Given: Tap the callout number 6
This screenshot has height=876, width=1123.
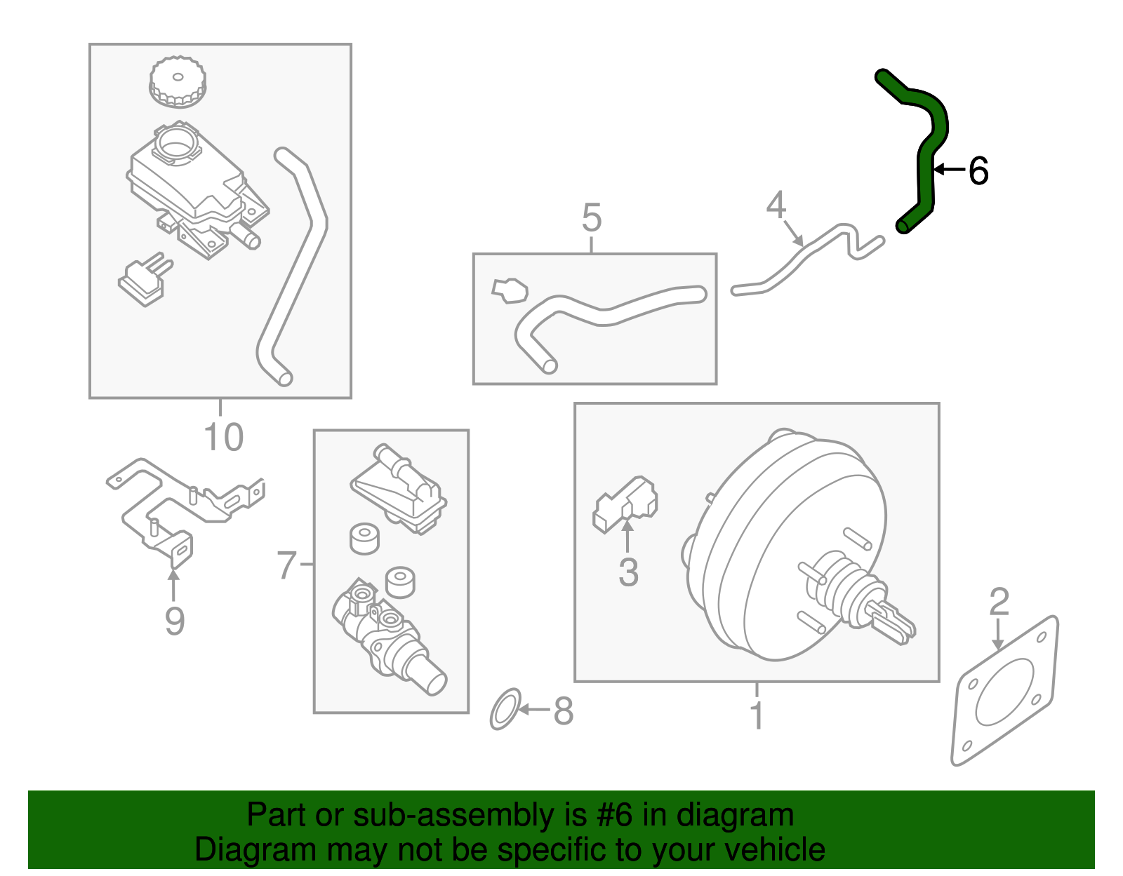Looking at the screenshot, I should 978,171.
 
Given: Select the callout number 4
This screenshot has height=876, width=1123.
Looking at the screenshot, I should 776,205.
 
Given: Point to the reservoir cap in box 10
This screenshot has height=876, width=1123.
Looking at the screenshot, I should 178,82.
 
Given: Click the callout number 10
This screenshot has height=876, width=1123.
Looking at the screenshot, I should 223,437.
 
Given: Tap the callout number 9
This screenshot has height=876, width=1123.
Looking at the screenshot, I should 174,621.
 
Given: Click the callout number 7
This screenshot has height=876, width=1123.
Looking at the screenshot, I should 287,565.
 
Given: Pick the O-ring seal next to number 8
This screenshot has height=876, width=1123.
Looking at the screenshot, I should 505,709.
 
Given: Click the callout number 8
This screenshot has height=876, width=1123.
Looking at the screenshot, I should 564,711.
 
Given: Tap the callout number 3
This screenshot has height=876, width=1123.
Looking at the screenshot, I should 628,572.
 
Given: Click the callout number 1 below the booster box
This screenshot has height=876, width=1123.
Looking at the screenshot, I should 756,715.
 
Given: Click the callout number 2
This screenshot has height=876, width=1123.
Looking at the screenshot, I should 999,602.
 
